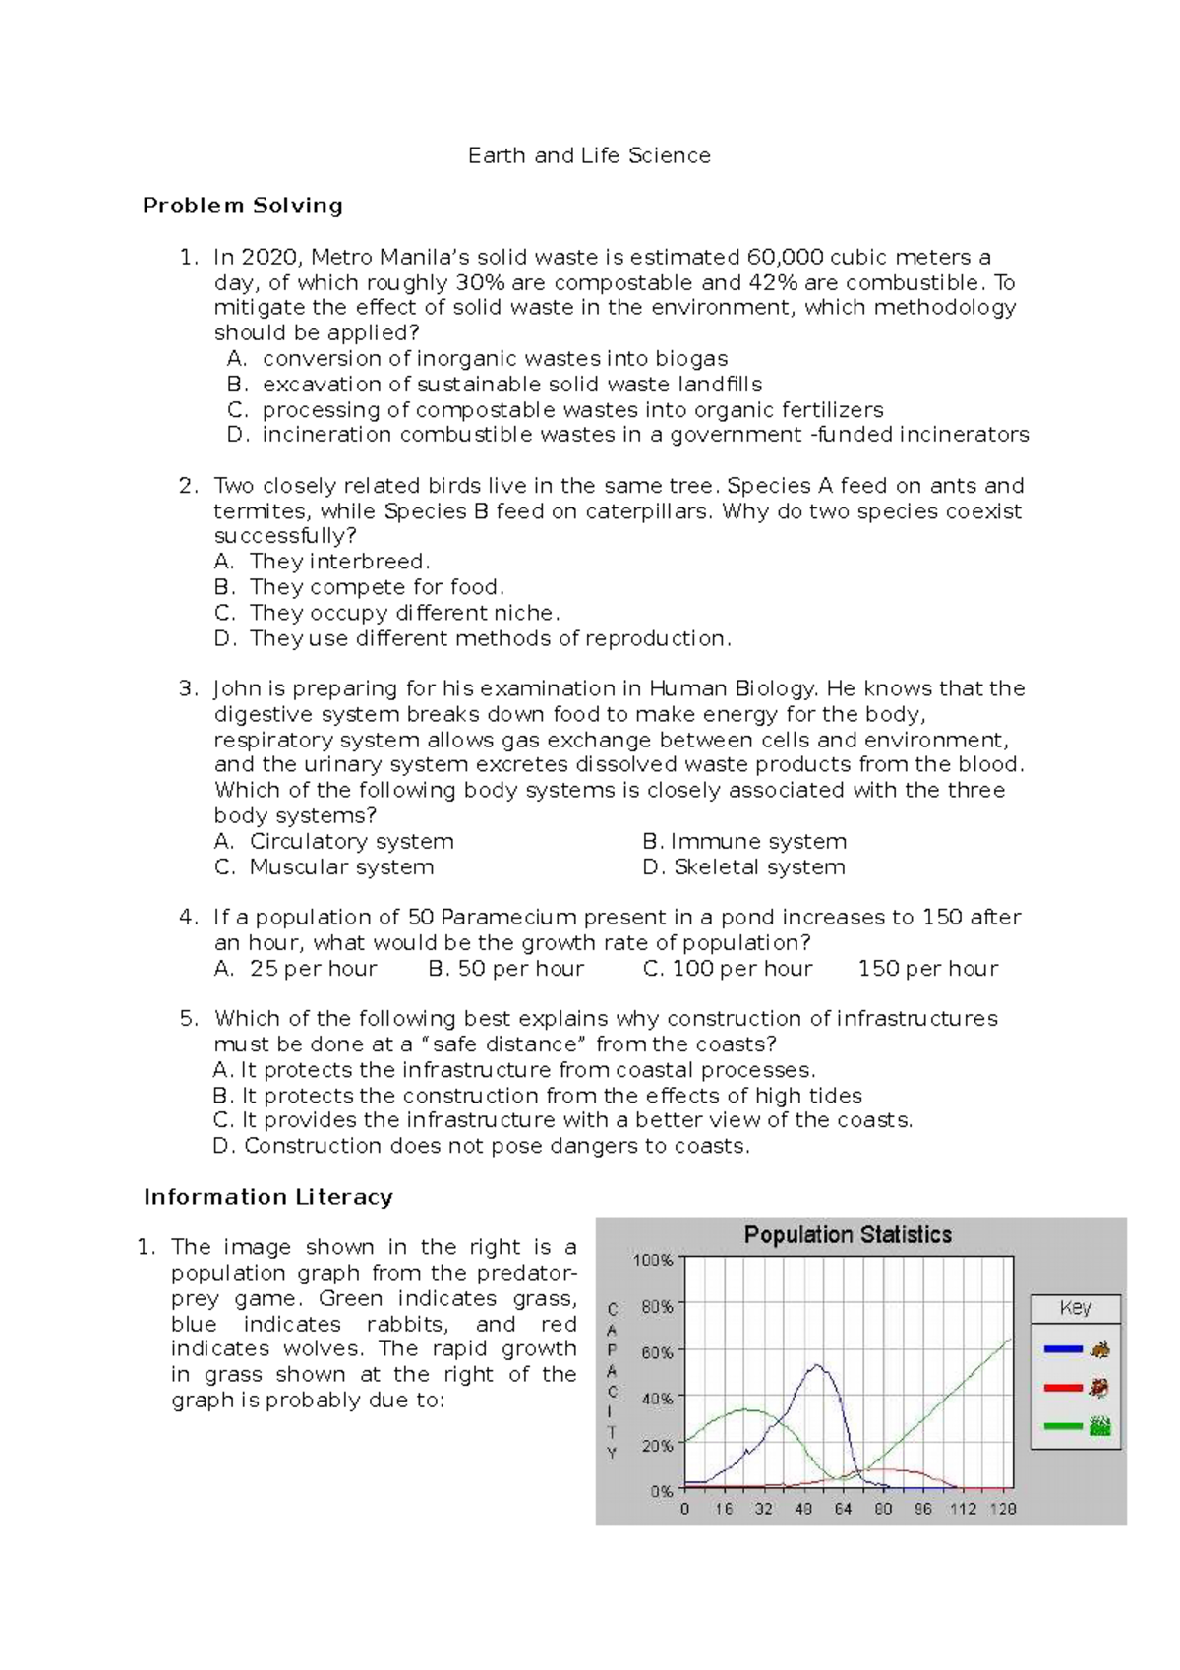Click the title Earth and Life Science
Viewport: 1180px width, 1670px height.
click(x=588, y=155)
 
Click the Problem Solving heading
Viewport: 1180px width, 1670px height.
click(x=242, y=206)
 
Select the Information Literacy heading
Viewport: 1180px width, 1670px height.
click(x=267, y=1197)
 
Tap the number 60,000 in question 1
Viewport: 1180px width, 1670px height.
click(x=785, y=258)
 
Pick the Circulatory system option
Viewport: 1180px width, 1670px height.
click(x=351, y=842)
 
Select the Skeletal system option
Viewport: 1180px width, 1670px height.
click(x=758, y=867)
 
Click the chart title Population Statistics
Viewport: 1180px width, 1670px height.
click(x=848, y=1235)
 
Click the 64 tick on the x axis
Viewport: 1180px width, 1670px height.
click(x=843, y=1509)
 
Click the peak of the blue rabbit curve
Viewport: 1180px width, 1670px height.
click(x=818, y=1364)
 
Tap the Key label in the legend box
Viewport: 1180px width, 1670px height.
click(x=1075, y=1308)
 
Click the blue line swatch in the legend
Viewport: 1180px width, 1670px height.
click(x=1062, y=1349)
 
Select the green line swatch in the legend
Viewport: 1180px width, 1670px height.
click(x=1062, y=1426)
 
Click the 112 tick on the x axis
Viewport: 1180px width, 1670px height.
click(x=963, y=1509)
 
